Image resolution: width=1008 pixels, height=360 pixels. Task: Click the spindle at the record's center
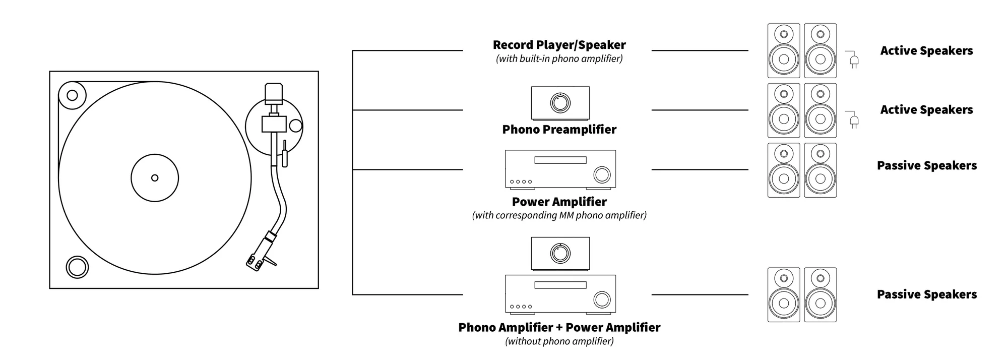pyautogui.click(x=155, y=178)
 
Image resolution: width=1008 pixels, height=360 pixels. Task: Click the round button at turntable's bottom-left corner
pyautogui.click(x=77, y=267)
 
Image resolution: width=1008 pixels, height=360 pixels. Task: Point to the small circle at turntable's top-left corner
pyautogui.click(x=72, y=95)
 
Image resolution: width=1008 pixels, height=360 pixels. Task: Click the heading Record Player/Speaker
pyautogui.click(x=559, y=45)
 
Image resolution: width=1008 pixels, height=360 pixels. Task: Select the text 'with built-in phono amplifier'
pyautogui.click(x=559, y=58)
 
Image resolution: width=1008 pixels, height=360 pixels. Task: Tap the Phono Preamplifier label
pyautogui.click(x=559, y=130)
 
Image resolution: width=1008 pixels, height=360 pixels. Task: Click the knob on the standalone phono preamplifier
pyautogui.click(x=559, y=103)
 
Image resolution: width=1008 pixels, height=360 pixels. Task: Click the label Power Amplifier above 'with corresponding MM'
pyautogui.click(x=559, y=202)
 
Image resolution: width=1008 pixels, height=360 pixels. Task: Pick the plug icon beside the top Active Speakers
pyautogui.click(x=852, y=59)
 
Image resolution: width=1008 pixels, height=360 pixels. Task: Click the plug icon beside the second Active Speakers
pyautogui.click(x=852, y=119)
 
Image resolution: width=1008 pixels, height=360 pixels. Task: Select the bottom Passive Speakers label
pyautogui.click(x=927, y=294)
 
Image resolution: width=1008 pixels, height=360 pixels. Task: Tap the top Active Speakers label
pyautogui.click(x=927, y=50)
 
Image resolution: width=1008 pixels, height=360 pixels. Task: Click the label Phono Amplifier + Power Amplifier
pyautogui.click(x=559, y=327)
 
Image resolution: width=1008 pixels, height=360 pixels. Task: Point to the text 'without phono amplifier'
pyautogui.click(x=559, y=341)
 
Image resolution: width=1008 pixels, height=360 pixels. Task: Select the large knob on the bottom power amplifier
pyautogui.click(x=602, y=299)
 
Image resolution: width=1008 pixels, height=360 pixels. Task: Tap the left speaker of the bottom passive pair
pyautogui.click(x=784, y=295)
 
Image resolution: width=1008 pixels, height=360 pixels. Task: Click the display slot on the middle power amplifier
pyautogui.click(x=560, y=160)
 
